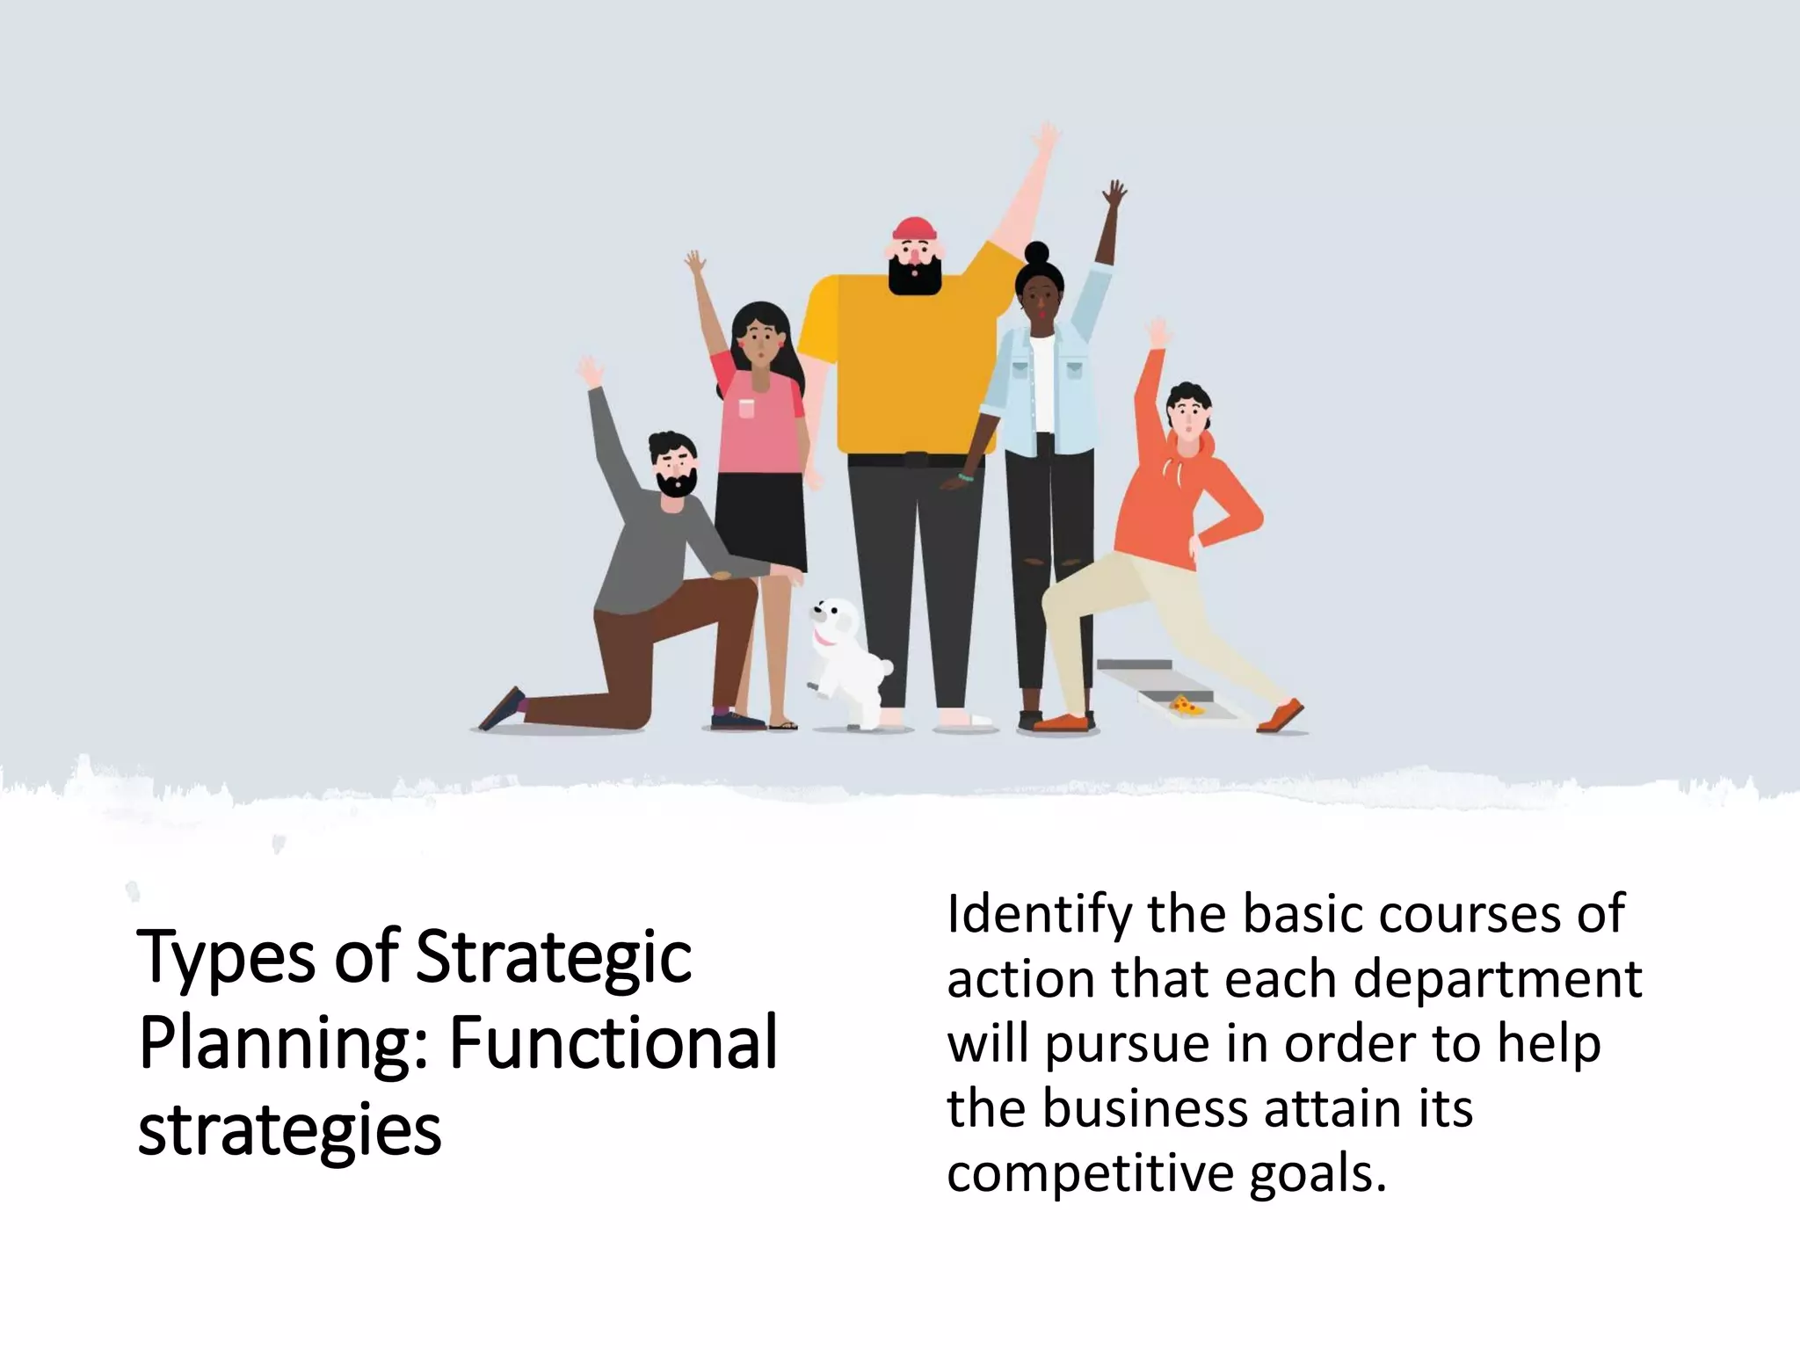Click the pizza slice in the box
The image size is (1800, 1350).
[x=1187, y=703]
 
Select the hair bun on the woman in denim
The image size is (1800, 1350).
[x=1037, y=254]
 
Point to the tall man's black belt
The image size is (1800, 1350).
[x=916, y=460]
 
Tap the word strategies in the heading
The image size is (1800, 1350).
[x=289, y=1130]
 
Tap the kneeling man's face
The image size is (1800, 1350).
[x=674, y=468]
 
